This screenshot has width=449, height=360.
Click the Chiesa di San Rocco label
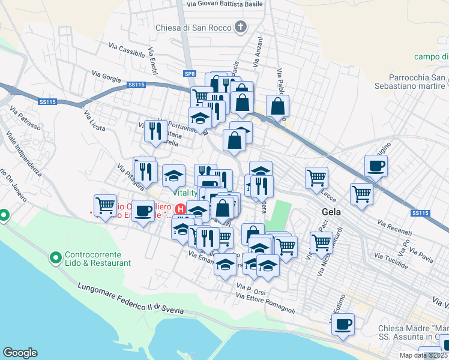click(x=193, y=27)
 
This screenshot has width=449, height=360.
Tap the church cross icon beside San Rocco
click(x=241, y=26)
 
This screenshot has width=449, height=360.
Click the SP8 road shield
click(x=190, y=73)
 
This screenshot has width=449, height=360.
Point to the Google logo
click(x=20, y=353)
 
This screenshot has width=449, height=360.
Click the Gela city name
click(x=331, y=211)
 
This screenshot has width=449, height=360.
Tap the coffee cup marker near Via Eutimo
click(x=343, y=325)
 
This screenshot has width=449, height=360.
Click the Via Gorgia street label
click(x=106, y=77)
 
